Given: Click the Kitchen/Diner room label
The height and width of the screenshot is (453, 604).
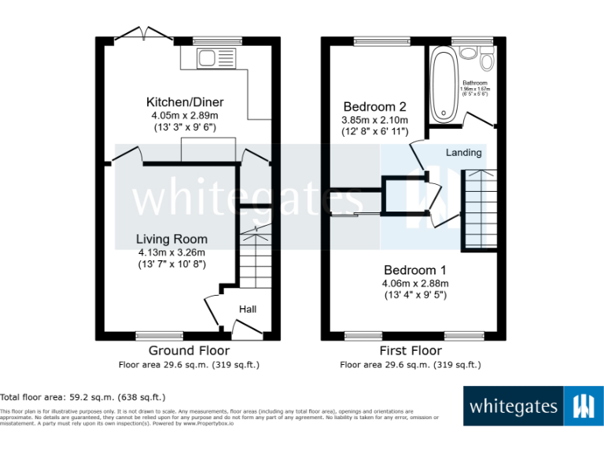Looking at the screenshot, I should [x=185, y=102].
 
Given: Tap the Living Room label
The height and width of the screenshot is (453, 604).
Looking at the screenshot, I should [x=171, y=239].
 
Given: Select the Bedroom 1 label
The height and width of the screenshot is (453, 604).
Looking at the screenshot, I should [x=414, y=269].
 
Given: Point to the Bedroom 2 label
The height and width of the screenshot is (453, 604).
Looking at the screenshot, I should [x=375, y=107].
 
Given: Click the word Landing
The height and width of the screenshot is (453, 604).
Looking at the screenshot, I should [x=463, y=152].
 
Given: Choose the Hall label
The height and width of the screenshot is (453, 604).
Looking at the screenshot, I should [x=248, y=309].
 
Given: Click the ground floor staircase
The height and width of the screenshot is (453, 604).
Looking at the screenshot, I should [x=255, y=260].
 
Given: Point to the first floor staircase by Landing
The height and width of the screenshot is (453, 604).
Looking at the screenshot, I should [x=479, y=208].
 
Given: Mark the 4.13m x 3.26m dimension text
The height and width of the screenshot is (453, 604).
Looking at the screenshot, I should [x=171, y=252].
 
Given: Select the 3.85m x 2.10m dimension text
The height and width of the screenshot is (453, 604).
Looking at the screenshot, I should [x=375, y=120].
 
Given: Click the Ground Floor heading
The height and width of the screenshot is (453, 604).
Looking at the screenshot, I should [x=189, y=351].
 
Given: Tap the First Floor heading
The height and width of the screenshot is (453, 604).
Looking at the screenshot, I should [x=411, y=351].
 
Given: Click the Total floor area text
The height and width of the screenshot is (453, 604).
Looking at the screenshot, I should [x=83, y=397].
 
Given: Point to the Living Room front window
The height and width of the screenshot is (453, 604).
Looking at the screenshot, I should [x=160, y=336].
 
